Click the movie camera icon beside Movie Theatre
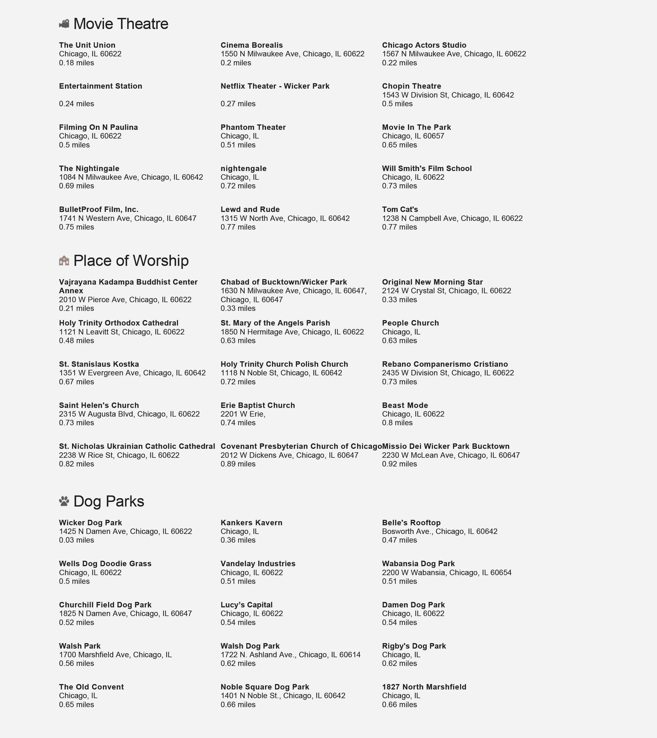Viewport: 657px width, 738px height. click(64, 24)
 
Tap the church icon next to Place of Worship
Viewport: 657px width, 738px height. click(64, 261)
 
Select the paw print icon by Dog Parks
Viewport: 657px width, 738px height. click(64, 501)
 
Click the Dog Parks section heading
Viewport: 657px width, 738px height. click(109, 501)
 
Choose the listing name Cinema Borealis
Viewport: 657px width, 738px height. click(252, 45)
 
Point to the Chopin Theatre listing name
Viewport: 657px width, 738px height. click(412, 86)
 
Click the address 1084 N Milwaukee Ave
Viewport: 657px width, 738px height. click(131, 177)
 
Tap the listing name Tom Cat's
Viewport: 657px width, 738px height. click(400, 210)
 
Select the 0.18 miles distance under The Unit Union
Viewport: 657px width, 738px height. click(76, 63)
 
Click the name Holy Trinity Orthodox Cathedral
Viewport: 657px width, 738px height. click(119, 323)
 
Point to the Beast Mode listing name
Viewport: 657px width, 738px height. click(405, 405)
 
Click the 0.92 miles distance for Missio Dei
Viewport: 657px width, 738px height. click(399, 464)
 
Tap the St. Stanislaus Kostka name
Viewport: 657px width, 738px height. click(99, 364)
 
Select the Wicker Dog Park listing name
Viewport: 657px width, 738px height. click(90, 523)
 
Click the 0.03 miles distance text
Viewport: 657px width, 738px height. click(76, 540)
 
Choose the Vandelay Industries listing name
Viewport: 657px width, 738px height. click(258, 564)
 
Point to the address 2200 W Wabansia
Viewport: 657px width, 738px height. click(446, 573)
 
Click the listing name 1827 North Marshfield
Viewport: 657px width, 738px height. click(424, 687)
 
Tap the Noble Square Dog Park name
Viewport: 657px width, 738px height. click(265, 687)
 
